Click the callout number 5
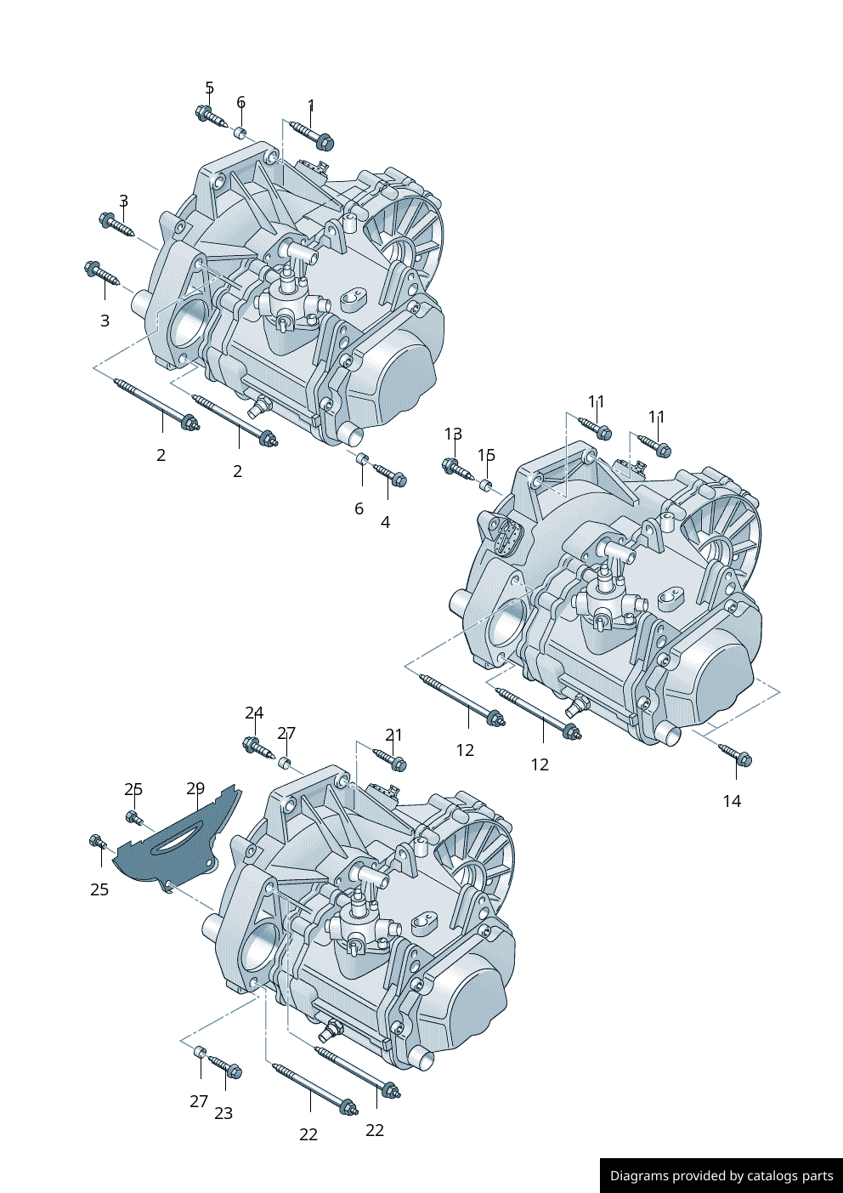click(x=209, y=88)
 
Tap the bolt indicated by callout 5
click(x=210, y=116)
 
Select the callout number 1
click(x=311, y=105)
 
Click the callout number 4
click(x=385, y=522)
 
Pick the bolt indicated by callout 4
click(x=391, y=475)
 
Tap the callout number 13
click(x=453, y=434)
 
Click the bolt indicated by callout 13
click(x=457, y=468)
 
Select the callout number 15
click(x=486, y=455)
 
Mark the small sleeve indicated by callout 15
click(x=486, y=486)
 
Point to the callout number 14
click(x=732, y=801)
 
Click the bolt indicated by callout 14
click(x=736, y=755)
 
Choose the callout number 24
click(x=254, y=713)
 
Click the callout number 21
click(x=393, y=735)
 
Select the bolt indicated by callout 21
click(x=390, y=759)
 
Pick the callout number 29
click(x=195, y=788)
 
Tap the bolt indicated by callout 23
click(x=226, y=1067)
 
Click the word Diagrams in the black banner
click(x=639, y=1176)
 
